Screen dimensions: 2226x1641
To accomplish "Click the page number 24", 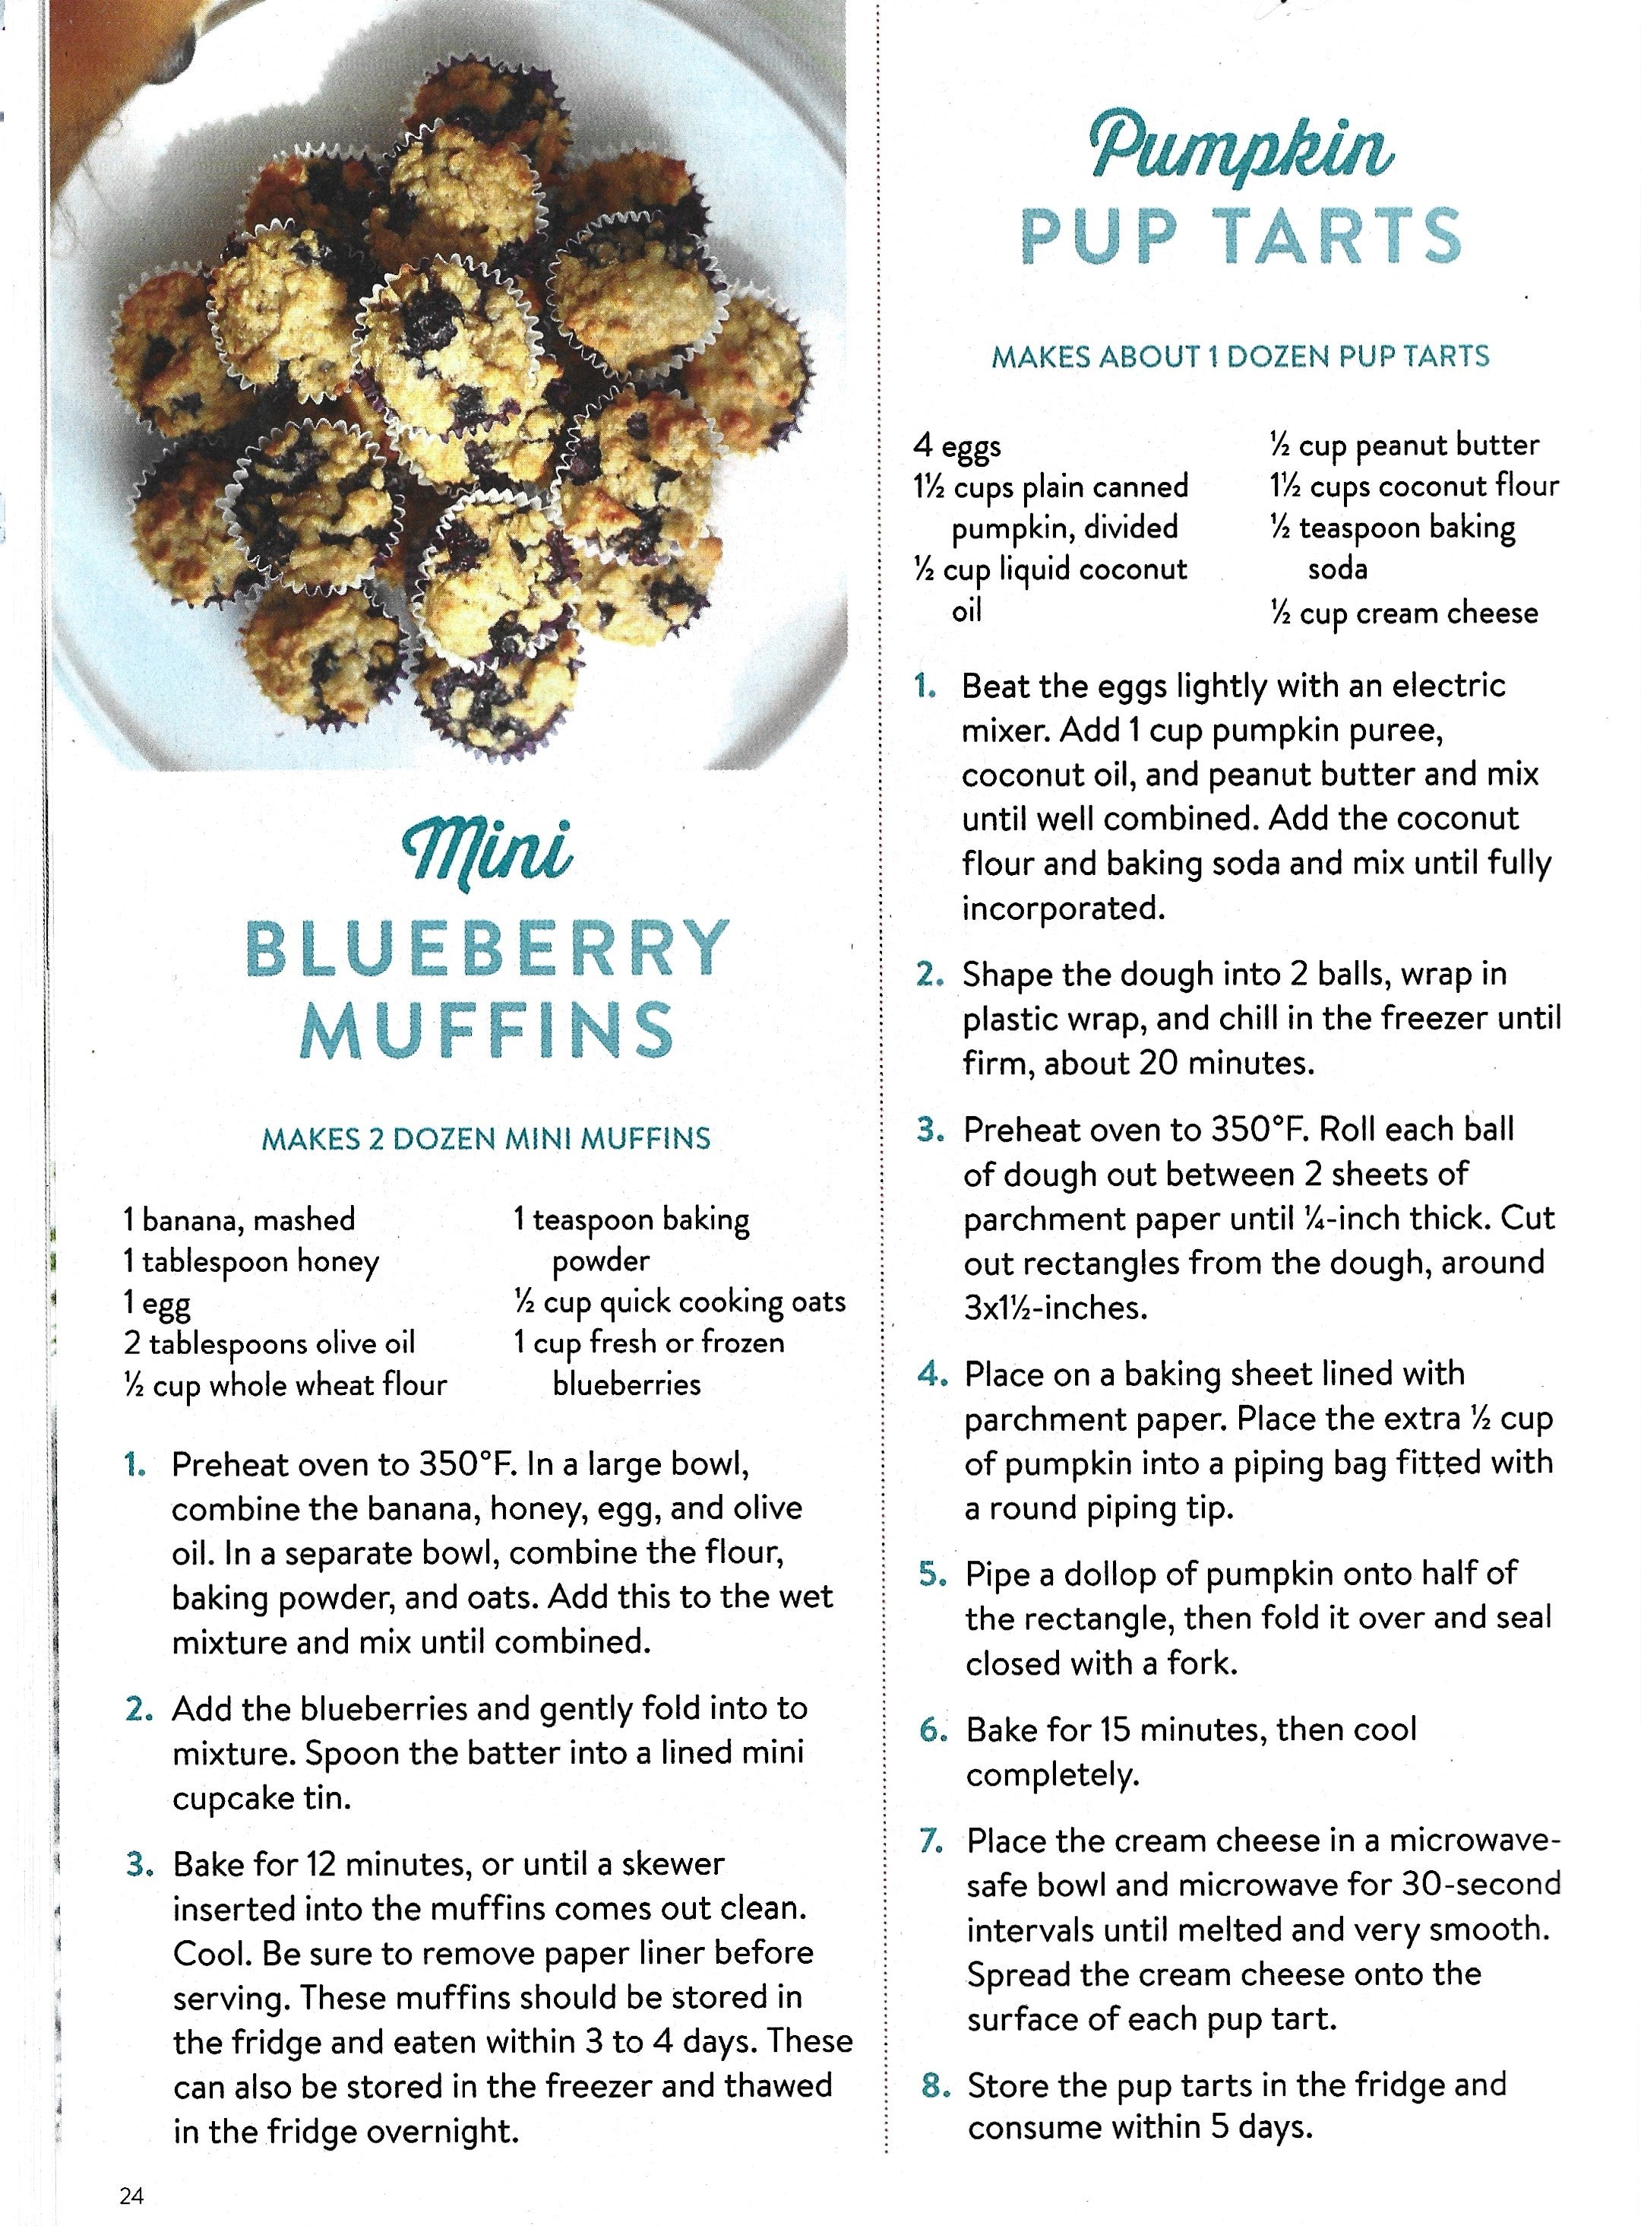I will point(131,2195).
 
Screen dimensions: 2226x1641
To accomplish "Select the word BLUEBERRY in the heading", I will point(487,949).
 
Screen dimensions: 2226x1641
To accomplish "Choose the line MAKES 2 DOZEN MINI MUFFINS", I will point(485,1139).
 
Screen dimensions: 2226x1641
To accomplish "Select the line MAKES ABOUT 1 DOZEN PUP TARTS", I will point(1241,357).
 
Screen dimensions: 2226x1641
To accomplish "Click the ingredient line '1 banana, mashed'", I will point(239,1219).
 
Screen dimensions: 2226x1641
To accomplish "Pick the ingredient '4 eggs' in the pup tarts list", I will point(956,446).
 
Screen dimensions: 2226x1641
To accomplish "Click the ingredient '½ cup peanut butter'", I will point(1404,446).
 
